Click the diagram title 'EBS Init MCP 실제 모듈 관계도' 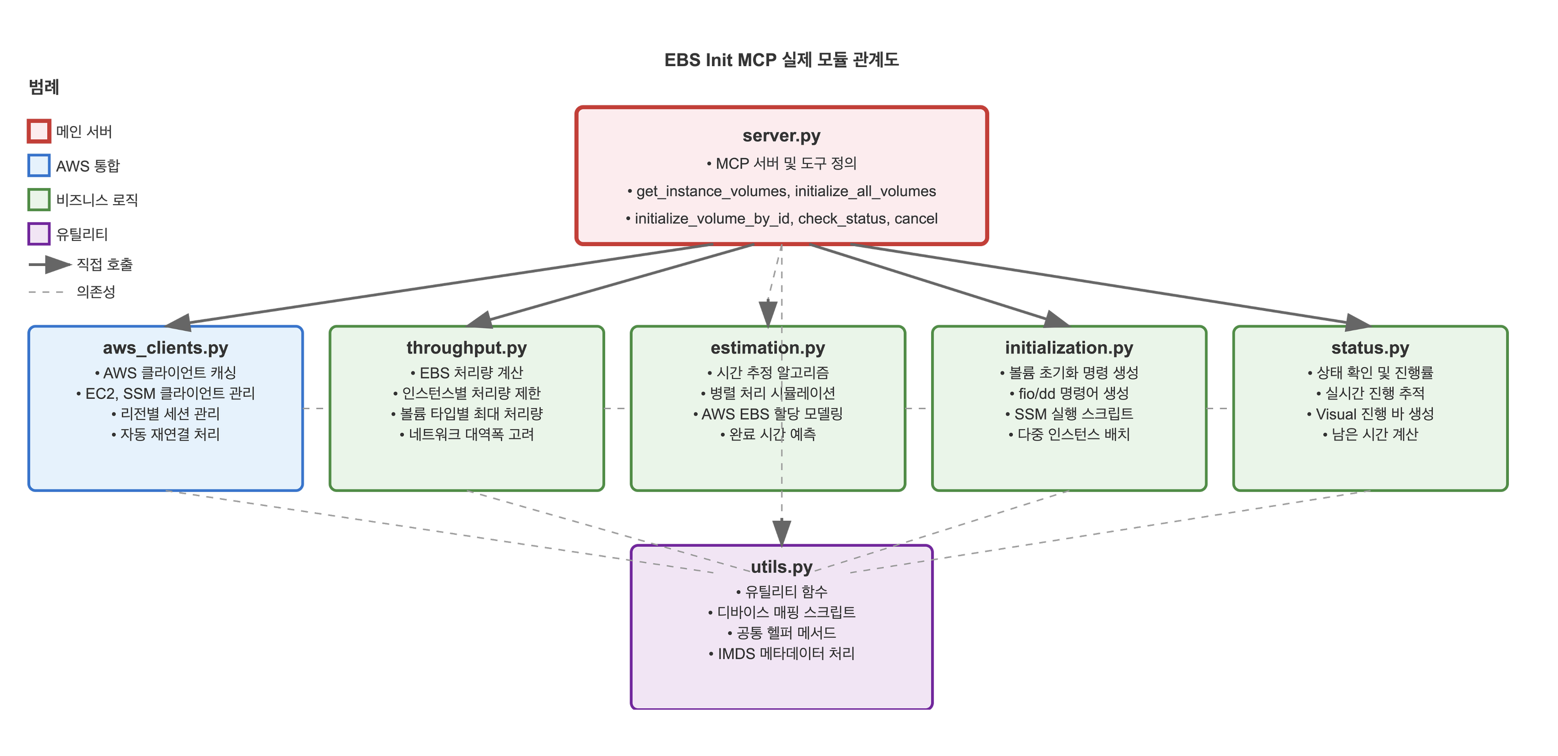[781, 60]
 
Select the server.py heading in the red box [781, 136]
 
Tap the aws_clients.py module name [165, 348]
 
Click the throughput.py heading [466, 348]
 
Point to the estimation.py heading [768, 348]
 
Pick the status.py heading [1370, 348]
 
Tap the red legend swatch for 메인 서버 [39, 131]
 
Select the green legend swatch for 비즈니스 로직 [39, 199]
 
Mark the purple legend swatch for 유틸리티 [39, 234]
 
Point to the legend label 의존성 [95, 292]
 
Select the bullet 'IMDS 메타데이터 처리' [781, 654]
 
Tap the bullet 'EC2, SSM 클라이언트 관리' [165, 394]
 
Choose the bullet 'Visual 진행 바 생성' [1370, 414]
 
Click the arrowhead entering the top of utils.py [781, 534]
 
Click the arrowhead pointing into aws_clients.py [179, 324]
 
